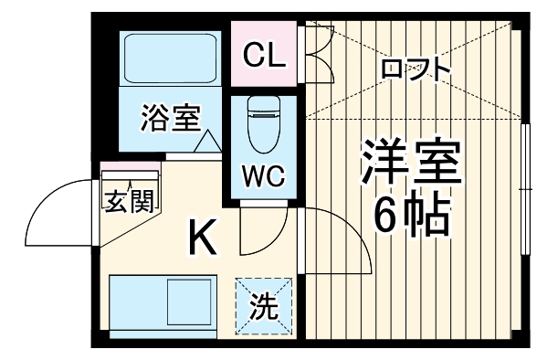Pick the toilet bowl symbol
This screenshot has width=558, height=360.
(x=262, y=127)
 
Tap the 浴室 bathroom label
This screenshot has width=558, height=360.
(x=169, y=118)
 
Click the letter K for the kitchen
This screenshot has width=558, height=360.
(x=202, y=239)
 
